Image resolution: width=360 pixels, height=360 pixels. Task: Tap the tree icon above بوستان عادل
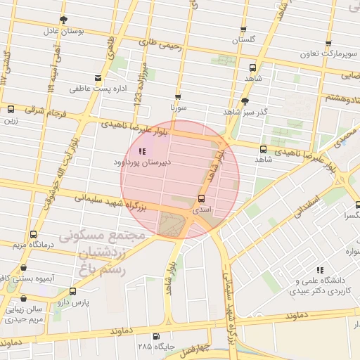tap(63, 20)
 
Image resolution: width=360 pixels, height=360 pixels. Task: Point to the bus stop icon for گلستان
tap(243, 30)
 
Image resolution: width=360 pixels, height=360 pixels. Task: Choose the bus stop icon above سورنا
tap(177, 97)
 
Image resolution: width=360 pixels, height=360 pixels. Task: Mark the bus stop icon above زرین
tap(11, 109)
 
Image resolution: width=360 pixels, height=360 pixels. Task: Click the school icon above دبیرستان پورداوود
tap(142, 150)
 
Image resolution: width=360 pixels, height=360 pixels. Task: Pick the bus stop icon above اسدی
tap(202, 198)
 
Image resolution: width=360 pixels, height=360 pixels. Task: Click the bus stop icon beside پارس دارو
tap(72, 291)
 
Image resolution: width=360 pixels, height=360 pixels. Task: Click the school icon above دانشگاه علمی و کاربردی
tap(320, 269)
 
